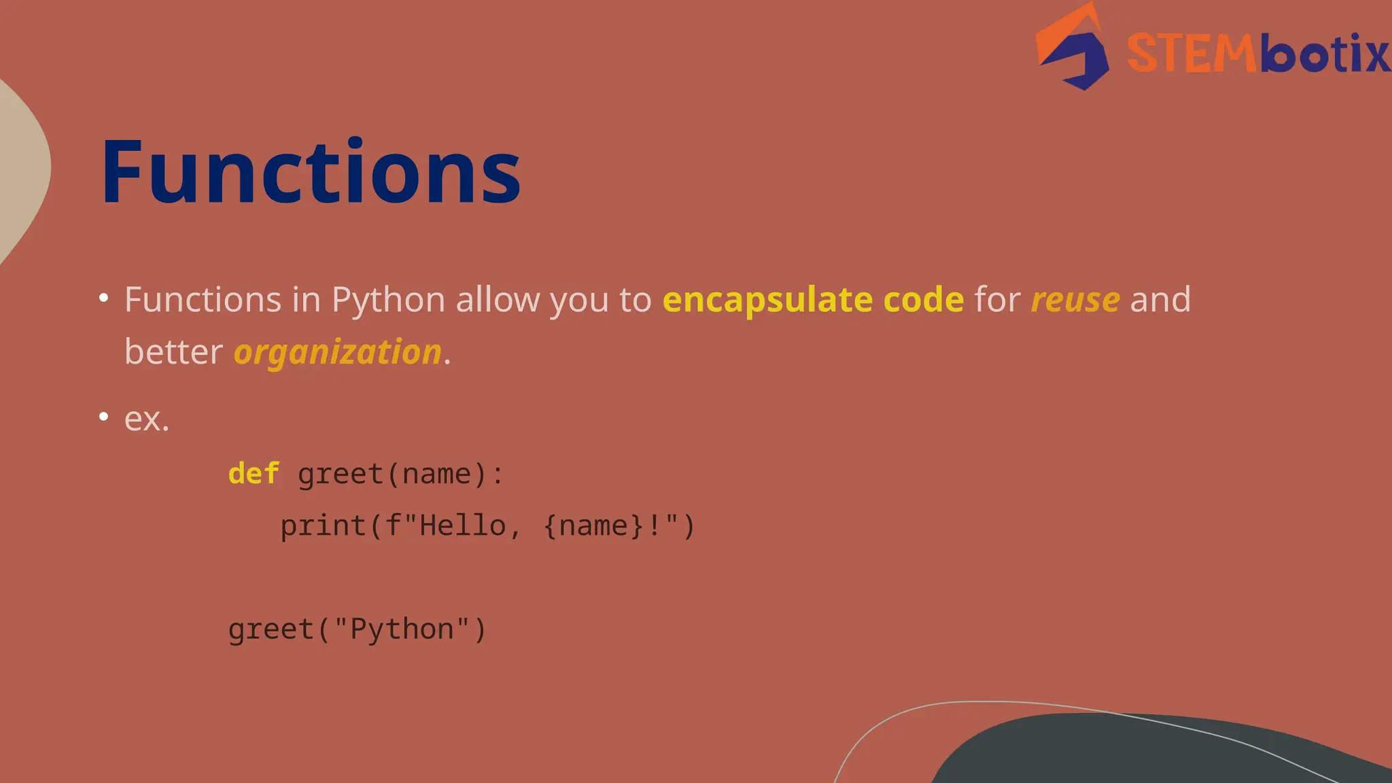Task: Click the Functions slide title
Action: coord(311,171)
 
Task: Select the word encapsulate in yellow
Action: coord(767,300)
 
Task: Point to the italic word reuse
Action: coord(1075,300)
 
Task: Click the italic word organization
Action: coord(338,352)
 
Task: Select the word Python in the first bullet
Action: coord(388,300)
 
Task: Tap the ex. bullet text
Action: coord(147,419)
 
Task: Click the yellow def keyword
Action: coord(254,474)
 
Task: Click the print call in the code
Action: coord(324,526)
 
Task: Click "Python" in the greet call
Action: coord(401,629)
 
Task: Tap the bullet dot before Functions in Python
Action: coord(103,298)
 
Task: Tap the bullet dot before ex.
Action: coord(103,416)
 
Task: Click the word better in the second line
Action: coord(173,352)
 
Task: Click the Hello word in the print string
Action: coord(462,526)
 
